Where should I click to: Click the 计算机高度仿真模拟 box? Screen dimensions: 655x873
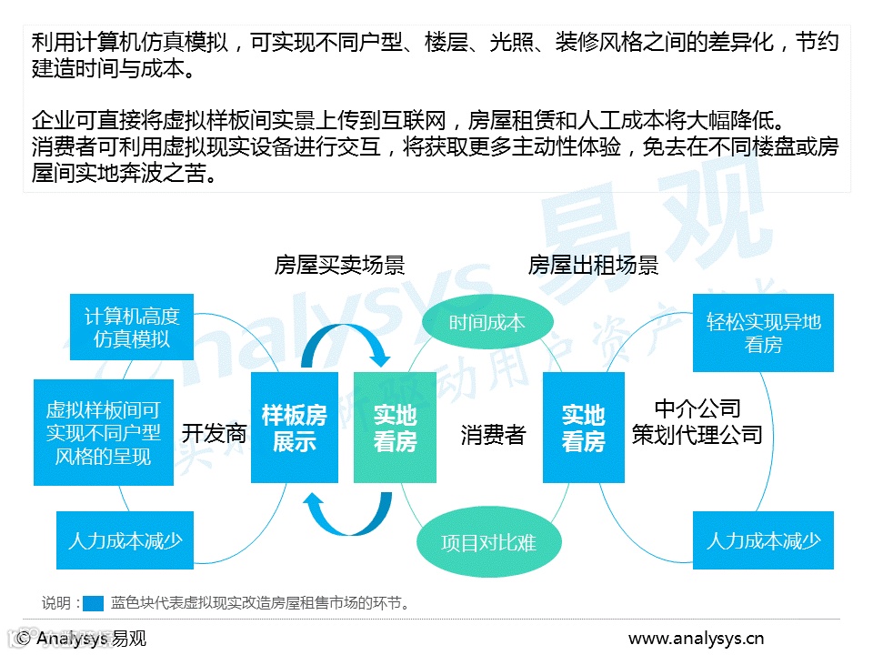132,327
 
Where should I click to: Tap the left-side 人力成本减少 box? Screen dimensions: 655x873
125,540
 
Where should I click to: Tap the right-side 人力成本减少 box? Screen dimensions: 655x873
763,540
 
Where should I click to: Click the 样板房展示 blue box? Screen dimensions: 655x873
294,428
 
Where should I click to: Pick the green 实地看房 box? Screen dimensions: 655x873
395,428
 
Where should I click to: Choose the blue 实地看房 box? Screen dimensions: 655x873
583,428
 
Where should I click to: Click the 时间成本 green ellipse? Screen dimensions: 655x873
487,323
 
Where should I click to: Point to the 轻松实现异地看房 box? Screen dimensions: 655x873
763,333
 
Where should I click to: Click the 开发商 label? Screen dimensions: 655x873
214,433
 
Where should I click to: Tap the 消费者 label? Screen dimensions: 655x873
493,435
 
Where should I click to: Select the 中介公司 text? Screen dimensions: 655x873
697,408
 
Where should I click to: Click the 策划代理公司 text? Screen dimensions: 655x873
697,435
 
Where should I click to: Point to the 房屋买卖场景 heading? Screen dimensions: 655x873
339,265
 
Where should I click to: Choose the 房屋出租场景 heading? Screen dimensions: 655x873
593,265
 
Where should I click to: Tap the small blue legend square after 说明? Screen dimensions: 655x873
95,602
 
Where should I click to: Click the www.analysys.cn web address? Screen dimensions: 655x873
696,638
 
